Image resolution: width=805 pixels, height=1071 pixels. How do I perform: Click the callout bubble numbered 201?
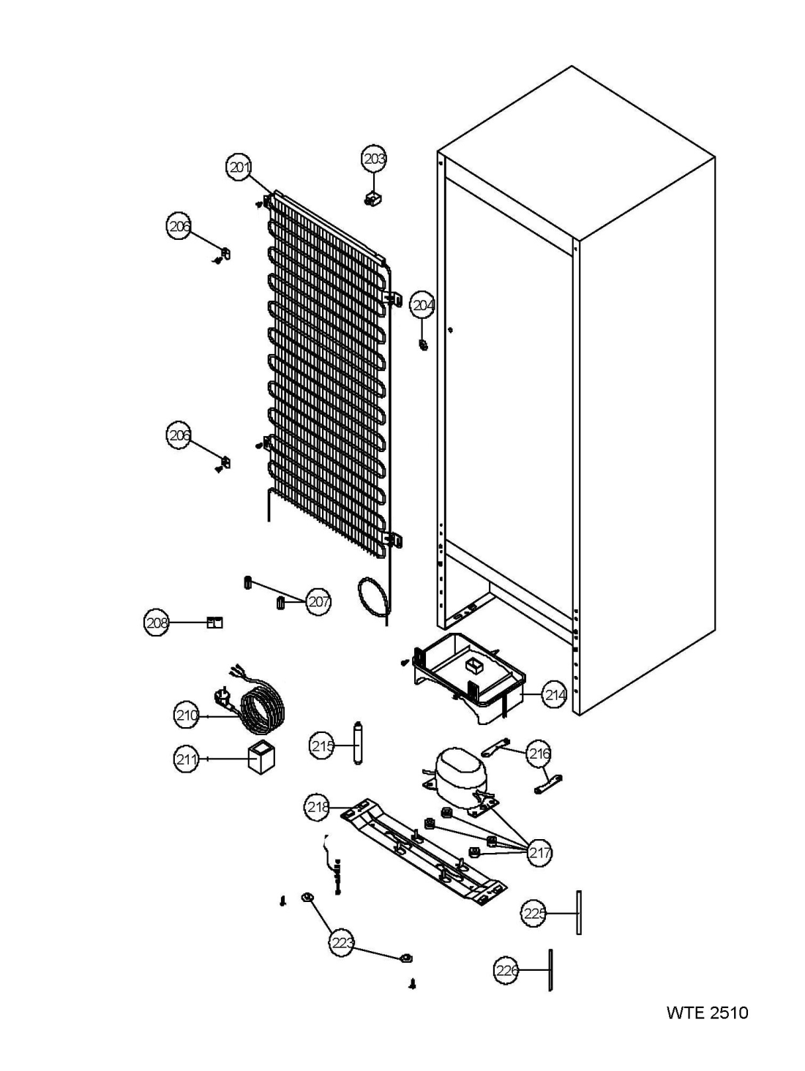tap(239, 168)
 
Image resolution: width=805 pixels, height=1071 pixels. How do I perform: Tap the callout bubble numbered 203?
tap(374, 159)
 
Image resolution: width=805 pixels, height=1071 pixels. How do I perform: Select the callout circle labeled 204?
tap(422, 306)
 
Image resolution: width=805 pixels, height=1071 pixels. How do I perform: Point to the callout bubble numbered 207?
tap(318, 602)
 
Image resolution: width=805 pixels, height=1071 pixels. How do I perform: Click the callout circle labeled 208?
tap(157, 623)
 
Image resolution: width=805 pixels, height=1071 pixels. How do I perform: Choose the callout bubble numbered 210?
tap(187, 715)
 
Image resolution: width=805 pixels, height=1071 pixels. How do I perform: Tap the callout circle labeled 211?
tap(187, 759)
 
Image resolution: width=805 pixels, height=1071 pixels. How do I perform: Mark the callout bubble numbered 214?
tap(555, 695)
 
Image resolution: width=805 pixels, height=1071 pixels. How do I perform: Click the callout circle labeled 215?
tap(323, 745)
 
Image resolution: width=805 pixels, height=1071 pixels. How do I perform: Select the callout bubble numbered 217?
tap(539, 853)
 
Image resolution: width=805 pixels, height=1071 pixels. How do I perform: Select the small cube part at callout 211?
tap(261, 757)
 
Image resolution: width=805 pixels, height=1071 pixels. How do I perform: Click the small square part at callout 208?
tap(214, 623)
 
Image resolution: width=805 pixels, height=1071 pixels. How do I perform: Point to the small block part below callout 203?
tap(373, 198)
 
